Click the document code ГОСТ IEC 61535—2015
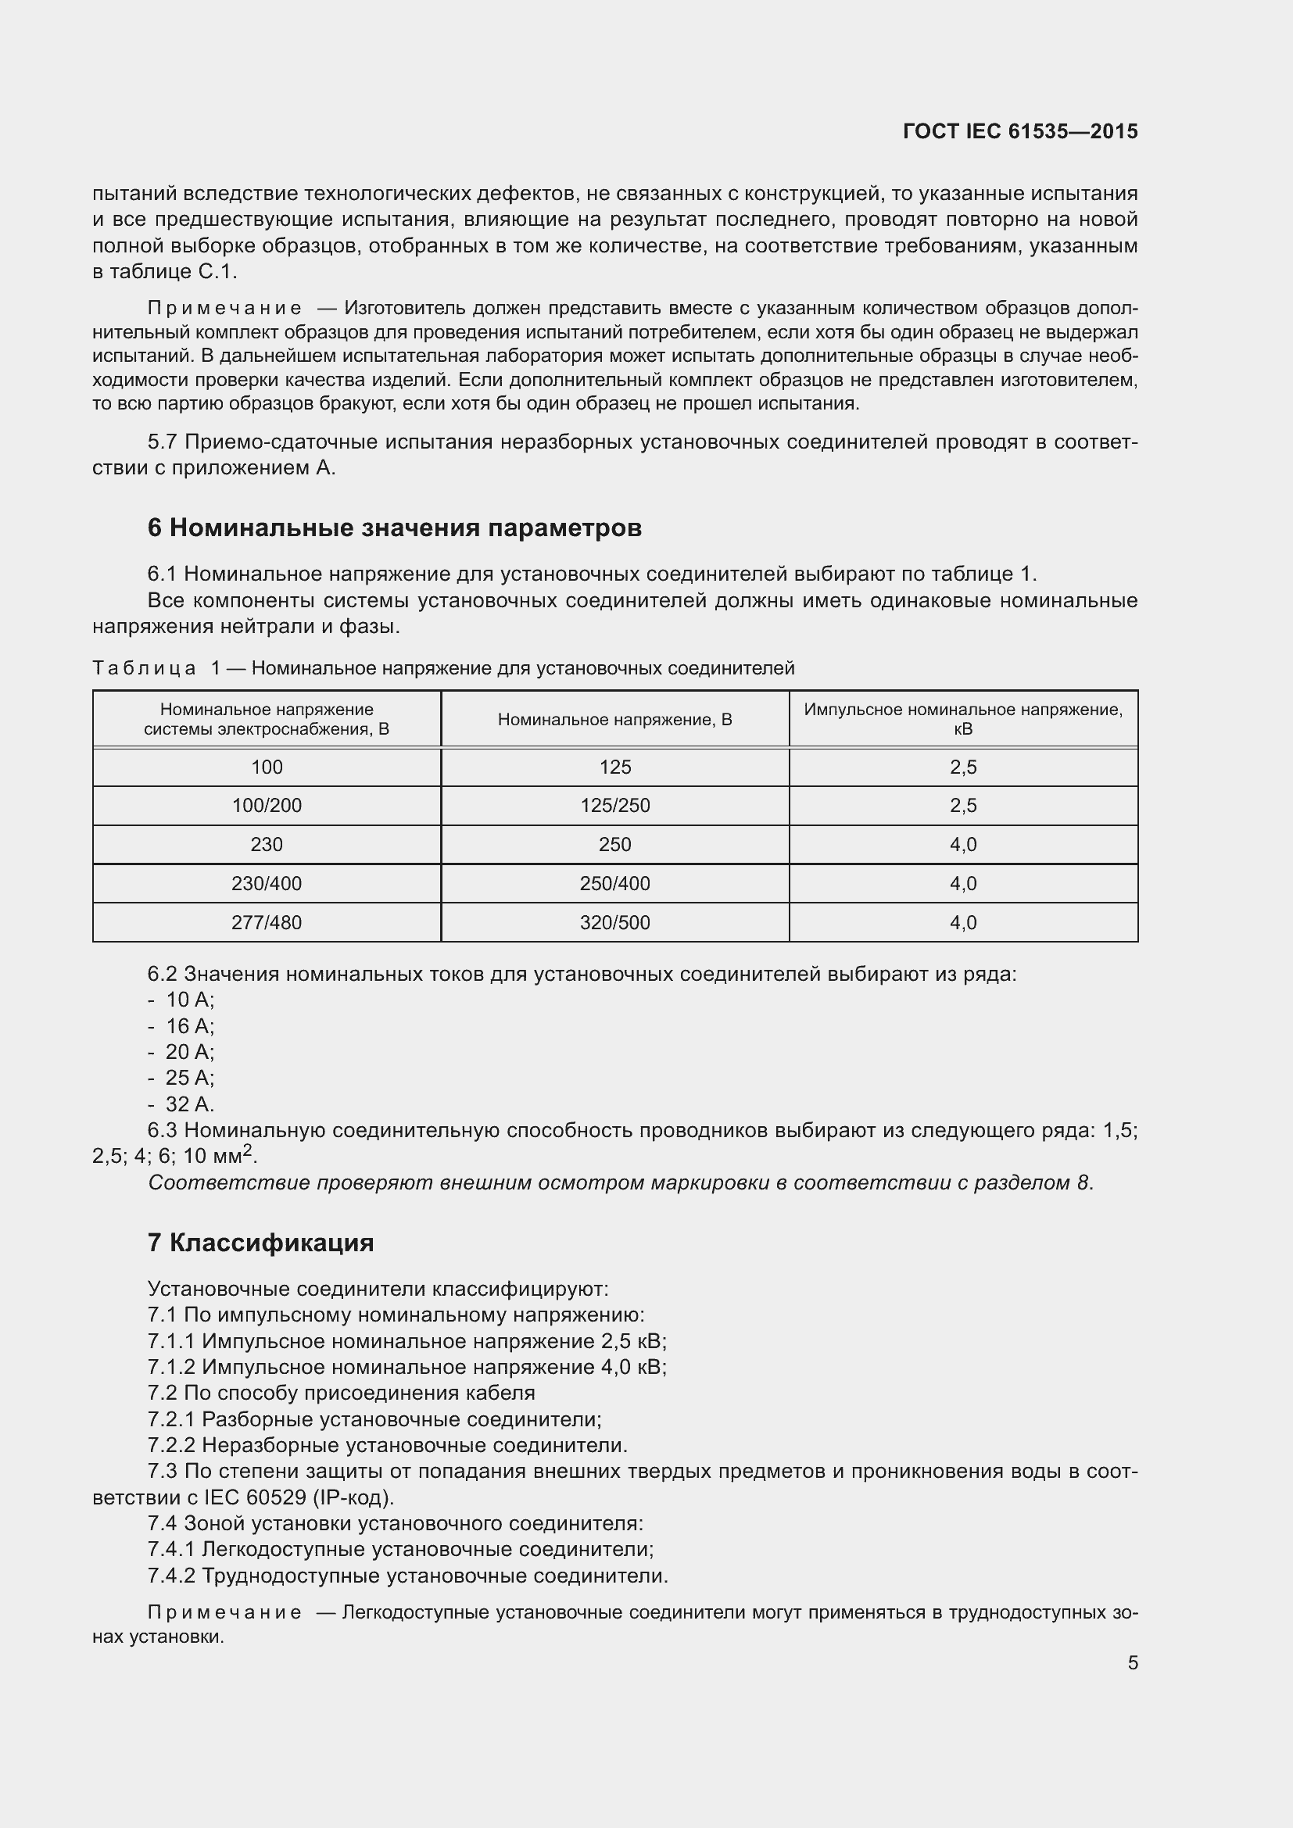pos(1020,131)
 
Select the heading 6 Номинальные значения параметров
pos(394,528)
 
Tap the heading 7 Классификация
pos(260,1242)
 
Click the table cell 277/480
pos(267,922)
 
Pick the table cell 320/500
pos(614,922)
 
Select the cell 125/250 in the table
pos(614,805)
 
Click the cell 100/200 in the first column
pos(267,805)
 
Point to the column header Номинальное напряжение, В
pos(614,720)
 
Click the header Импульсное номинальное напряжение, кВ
pos(962,719)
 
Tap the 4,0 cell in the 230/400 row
pos(962,883)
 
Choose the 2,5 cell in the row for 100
pos(962,767)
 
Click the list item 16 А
pos(189,1026)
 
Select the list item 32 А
pos(189,1104)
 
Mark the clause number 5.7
pos(162,442)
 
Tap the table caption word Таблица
pos(144,668)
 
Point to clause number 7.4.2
pos(171,1576)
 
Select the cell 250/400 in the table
pos(614,883)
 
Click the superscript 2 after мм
pos(248,1150)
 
